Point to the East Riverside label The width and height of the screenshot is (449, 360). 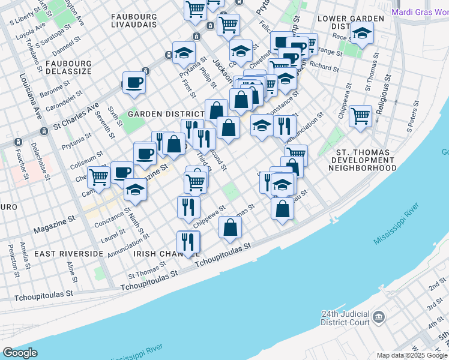[x=68, y=254]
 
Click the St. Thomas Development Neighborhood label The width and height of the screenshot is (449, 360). [x=363, y=161]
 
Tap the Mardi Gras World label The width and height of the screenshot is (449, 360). [x=419, y=11]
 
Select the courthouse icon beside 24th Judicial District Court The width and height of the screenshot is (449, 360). [x=379, y=316]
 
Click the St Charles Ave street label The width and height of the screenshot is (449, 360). [x=76, y=117]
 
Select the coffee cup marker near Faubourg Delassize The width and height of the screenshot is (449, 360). [x=134, y=83]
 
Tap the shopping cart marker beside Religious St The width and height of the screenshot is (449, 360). [x=360, y=116]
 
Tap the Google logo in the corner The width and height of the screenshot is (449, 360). [x=20, y=353]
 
